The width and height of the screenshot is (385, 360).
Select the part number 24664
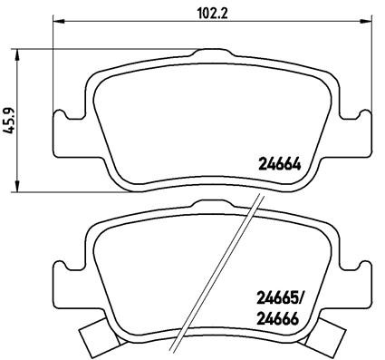tap(278, 166)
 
